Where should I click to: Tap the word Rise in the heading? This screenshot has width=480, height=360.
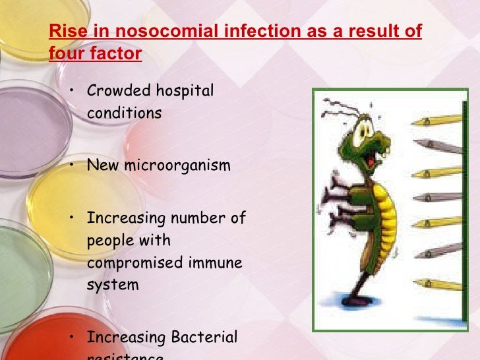[x=64, y=32]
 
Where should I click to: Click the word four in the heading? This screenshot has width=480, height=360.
[x=65, y=53]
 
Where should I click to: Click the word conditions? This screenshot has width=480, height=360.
[x=124, y=113]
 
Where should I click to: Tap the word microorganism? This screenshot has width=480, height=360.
[x=178, y=165]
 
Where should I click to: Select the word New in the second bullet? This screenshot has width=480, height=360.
[x=102, y=165]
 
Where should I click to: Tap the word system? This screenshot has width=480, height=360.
[x=113, y=285]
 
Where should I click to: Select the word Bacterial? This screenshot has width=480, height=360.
[x=204, y=337]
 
